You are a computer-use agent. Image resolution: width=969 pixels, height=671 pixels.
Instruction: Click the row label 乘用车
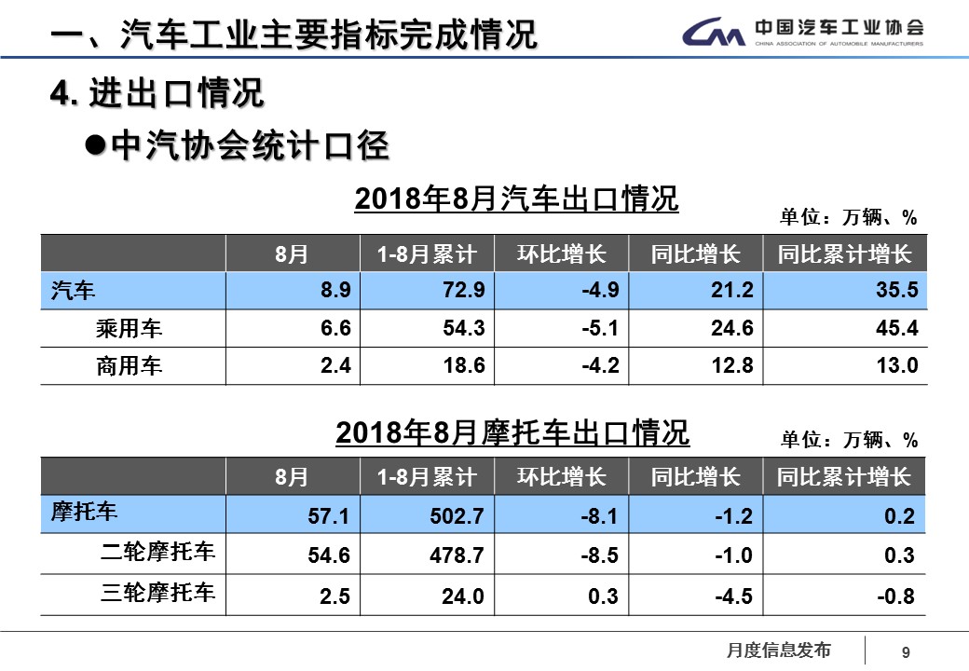coord(129,329)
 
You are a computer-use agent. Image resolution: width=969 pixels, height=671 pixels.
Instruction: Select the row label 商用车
coord(129,366)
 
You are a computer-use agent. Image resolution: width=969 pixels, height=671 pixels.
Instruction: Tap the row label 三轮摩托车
coord(157,593)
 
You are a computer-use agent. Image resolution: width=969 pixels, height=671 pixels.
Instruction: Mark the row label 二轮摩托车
coord(157,553)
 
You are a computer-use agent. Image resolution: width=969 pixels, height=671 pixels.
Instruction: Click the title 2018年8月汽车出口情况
coord(516,199)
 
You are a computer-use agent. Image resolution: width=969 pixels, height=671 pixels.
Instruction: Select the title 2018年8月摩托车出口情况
coord(512,433)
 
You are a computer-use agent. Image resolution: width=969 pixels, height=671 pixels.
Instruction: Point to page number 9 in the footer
coord(905,653)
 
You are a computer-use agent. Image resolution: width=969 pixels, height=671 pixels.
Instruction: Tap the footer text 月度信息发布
coord(778,650)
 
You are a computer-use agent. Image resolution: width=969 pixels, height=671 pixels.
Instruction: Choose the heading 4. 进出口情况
coord(158,93)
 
